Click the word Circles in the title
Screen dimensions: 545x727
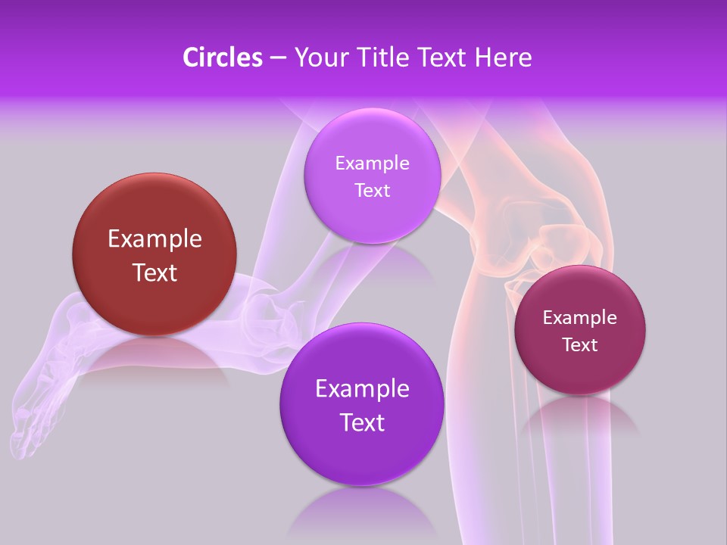[223, 58]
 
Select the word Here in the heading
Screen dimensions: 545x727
[504, 58]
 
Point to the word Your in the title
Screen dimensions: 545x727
[317, 58]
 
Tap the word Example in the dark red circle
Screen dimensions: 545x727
[154, 239]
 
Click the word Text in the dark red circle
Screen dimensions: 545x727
[154, 272]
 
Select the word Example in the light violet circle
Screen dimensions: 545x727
[372, 163]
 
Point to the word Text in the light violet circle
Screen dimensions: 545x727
[372, 190]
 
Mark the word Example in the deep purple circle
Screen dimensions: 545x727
[362, 389]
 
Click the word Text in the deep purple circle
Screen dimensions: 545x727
[362, 422]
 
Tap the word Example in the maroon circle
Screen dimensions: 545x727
[579, 318]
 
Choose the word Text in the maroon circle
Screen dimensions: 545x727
[579, 345]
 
